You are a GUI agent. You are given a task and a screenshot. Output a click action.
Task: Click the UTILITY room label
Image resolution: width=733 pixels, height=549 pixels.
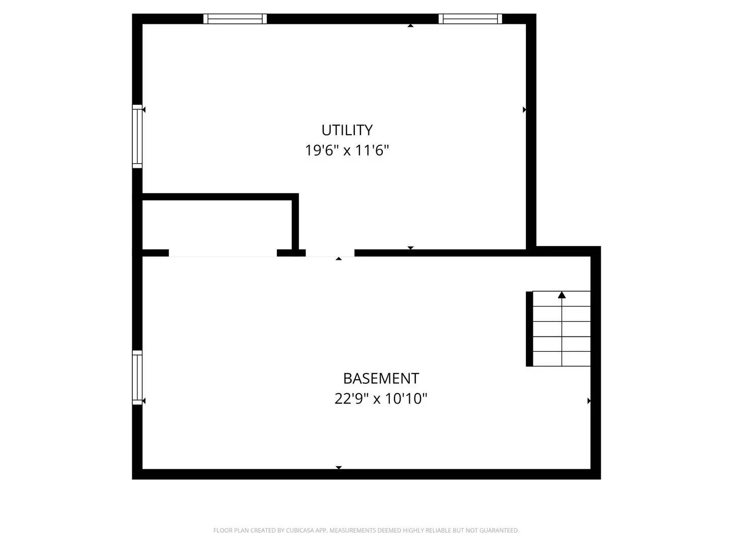tap(347, 130)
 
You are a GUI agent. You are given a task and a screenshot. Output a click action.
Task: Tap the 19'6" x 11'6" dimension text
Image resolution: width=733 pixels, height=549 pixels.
tap(347, 150)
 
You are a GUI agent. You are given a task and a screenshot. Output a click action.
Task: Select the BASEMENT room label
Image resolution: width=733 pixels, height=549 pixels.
tap(381, 379)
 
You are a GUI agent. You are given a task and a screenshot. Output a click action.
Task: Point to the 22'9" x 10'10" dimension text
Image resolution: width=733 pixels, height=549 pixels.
tap(381, 399)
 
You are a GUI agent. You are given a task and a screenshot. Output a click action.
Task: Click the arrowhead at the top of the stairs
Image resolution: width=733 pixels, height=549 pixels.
tap(561, 295)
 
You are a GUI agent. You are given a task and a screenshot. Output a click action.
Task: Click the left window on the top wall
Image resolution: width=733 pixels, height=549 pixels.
tap(235, 19)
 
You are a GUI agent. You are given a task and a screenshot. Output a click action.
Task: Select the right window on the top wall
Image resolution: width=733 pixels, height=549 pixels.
tap(470, 19)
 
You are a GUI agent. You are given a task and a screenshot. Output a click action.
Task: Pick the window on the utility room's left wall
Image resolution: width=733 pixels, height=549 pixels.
tap(137, 136)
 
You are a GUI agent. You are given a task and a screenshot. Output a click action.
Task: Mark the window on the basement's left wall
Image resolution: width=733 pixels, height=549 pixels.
tap(137, 377)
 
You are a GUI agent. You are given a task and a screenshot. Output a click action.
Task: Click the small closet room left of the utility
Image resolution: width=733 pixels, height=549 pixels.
tap(216, 225)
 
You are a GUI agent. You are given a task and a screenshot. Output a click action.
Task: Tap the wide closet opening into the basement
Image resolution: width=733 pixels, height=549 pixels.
tap(222, 253)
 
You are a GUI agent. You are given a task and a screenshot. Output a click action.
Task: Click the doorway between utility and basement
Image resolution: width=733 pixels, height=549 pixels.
tap(330, 253)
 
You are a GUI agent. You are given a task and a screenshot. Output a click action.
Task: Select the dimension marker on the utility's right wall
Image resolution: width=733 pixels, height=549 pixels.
tap(524, 110)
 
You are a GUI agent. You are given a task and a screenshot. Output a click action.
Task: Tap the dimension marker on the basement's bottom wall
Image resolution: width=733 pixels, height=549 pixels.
tap(339, 467)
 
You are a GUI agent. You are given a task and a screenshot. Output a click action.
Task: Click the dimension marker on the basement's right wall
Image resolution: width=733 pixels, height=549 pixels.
tap(589, 401)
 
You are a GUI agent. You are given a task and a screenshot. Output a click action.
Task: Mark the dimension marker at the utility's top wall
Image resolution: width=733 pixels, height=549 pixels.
tap(410, 25)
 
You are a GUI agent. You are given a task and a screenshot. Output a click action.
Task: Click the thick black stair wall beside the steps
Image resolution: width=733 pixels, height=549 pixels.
tap(529, 328)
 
